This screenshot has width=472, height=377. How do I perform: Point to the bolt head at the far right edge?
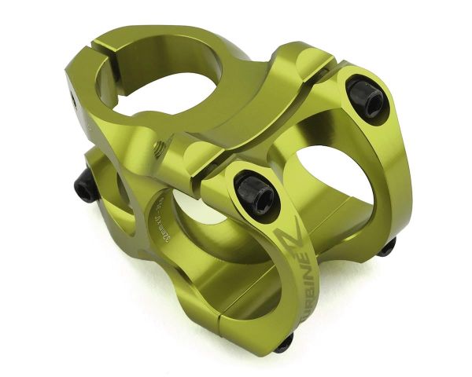[386, 248]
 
